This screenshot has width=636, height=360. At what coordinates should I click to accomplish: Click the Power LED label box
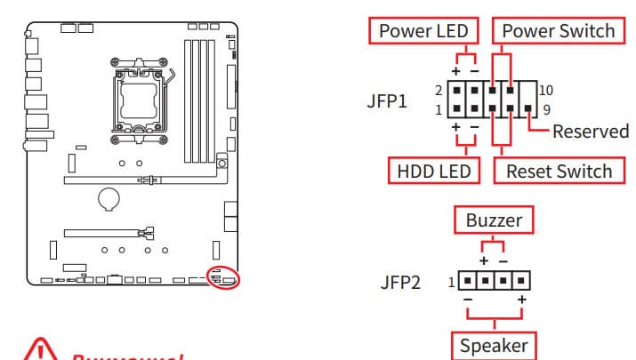[423, 31]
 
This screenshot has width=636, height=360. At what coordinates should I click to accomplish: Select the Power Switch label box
[558, 31]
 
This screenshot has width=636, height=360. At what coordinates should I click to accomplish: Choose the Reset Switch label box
[559, 171]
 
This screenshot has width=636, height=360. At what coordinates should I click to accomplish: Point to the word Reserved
[590, 132]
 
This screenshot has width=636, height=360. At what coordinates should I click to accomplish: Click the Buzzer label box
[494, 219]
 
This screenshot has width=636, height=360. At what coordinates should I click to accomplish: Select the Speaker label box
[493, 345]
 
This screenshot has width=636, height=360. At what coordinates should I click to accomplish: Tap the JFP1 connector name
[386, 100]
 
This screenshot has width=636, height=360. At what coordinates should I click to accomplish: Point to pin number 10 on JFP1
[546, 91]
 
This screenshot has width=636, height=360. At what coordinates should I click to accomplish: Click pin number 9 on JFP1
[546, 110]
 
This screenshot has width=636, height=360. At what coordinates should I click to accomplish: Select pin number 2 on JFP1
[439, 91]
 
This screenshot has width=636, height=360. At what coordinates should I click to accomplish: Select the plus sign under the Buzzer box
[484, 261]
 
